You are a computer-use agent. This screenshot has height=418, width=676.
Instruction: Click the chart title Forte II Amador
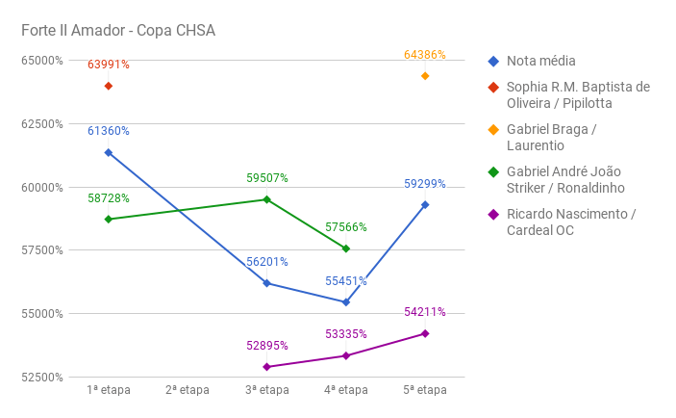pyautogui.click(x=118, y=31)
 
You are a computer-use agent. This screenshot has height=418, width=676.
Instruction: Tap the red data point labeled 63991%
pyautogui.click(x=109, y=86)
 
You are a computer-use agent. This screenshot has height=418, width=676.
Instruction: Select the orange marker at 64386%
pyautogui.click(x=425, y=76)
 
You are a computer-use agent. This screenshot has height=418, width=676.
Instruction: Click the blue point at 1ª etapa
pyautogui.click(x=109, y=152)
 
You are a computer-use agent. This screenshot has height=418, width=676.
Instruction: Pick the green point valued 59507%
pyautogui.click(x=267, y=199)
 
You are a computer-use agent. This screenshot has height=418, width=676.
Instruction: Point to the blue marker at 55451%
pyautogui.click(x=346, y=302)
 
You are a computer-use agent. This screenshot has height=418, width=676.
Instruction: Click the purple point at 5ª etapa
pyautogui.click(x=425, y=333)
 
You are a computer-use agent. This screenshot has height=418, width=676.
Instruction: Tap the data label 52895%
pyautogui.click(x=267, y=346)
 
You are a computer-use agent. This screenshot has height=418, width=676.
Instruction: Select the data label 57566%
pyautogui.click(x=346, y=227)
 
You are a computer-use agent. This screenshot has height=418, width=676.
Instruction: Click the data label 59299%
pyautogui.click(x=424, y=183)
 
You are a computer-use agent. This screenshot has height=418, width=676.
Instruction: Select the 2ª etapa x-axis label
pyautogui.click(x=188, y=391)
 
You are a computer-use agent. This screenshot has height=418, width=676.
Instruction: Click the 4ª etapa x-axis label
pyautogui.click(x=346, y=391)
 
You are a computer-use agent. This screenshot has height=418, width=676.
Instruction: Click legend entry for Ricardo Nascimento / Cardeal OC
pyautogui.click(x=570, y=222)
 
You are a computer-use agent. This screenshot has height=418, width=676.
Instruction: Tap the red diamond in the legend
pyautogui.click(x=493, y=87)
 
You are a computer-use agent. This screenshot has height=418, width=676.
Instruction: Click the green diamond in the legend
pyautogui.click(x=493, y=171)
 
